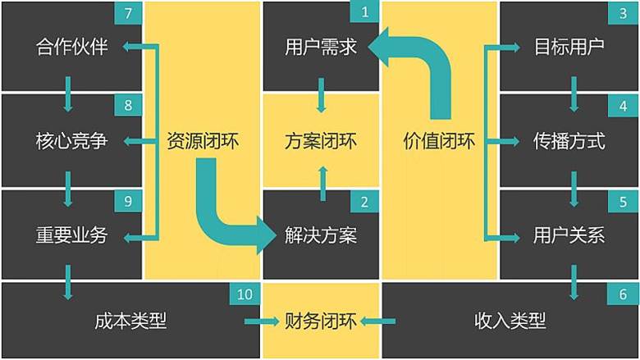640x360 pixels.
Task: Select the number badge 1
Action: click(364, 12)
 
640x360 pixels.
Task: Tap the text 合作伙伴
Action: click(72, 47)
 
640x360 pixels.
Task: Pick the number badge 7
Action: click(128, 12)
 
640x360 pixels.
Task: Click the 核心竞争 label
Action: click(72, 141)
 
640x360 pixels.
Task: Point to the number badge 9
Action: click(128, 201)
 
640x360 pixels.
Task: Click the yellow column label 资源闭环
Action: click(202, 141)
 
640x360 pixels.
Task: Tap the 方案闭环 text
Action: click(321, 141)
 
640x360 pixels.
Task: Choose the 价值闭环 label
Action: click(439, 141)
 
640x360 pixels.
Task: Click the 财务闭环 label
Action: click(321, 321)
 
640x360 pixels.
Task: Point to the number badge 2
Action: click(364, 201)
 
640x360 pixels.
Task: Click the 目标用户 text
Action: click(569, 47)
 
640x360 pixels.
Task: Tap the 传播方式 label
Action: click(569, 141)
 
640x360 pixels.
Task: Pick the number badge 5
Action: click(624, 201)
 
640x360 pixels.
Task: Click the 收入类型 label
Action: click(510, 321)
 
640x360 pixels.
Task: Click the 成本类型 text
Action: click(130, 321)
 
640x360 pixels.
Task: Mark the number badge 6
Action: click(624, 295)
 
